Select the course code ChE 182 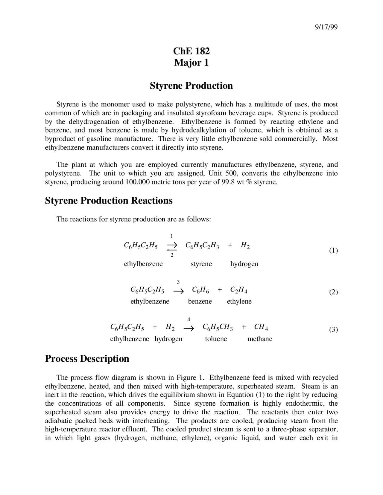tap(191, 51)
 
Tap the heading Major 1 tap(191, 63)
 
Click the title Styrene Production tap(191, 86)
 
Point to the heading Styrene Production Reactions tap(109, 201)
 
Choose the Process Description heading tap(87, 359)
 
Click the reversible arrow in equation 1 tap(172, 246)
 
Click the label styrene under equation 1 tap(201, 264)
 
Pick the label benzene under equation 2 tap(200, 302)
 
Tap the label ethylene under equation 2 tap(239, 302)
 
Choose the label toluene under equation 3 tap(216, 339)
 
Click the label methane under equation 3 tap(260, 339)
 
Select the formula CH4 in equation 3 tap(261, 327)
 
